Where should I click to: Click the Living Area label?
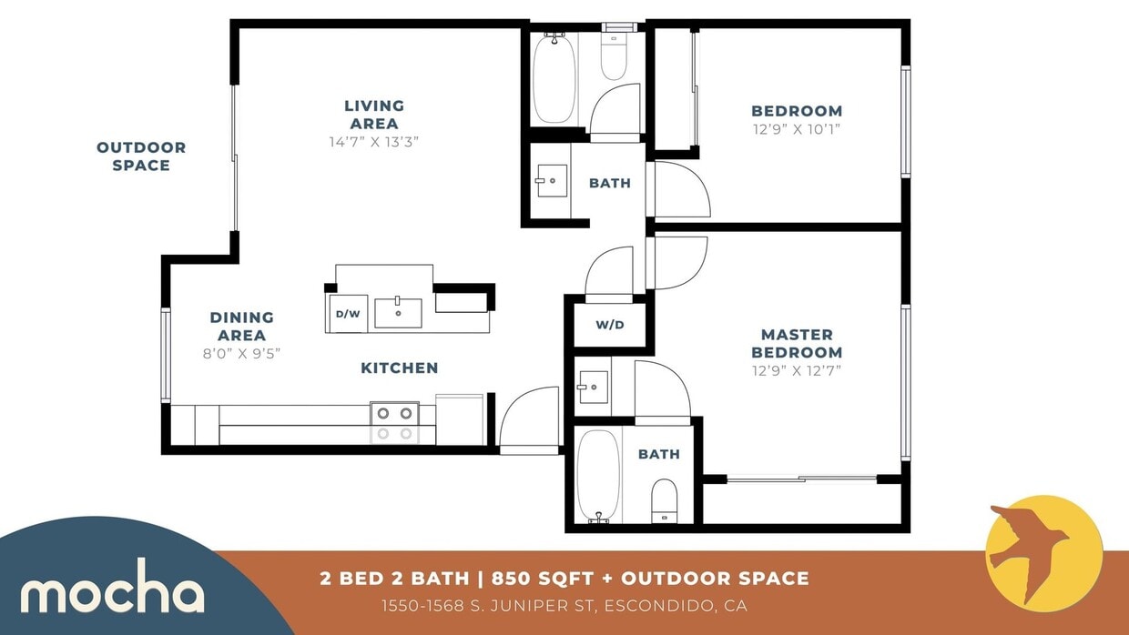tap(374, 115)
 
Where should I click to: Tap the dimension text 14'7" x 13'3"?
tap(373, 142)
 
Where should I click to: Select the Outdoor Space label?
tap(141, 156)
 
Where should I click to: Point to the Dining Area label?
tap(241, 326)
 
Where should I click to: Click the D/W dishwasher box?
tap(348, 314)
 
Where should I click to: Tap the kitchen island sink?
tap(399, 312)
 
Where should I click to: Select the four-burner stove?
tap(394, 423)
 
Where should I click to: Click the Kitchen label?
tap(400, 368)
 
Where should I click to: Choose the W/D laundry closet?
tap(610, 325)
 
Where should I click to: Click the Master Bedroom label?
tap(797, 343)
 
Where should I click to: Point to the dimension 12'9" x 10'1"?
tap(797, 129)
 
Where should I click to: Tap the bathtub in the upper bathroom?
tap(554, 80)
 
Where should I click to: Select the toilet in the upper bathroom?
tap(615, 57)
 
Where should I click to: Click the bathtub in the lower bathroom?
tap(598, 476)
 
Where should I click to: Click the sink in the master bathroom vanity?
tap(593, 387)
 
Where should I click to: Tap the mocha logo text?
tap(112, 593)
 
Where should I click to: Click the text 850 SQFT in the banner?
tap(540, 578)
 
